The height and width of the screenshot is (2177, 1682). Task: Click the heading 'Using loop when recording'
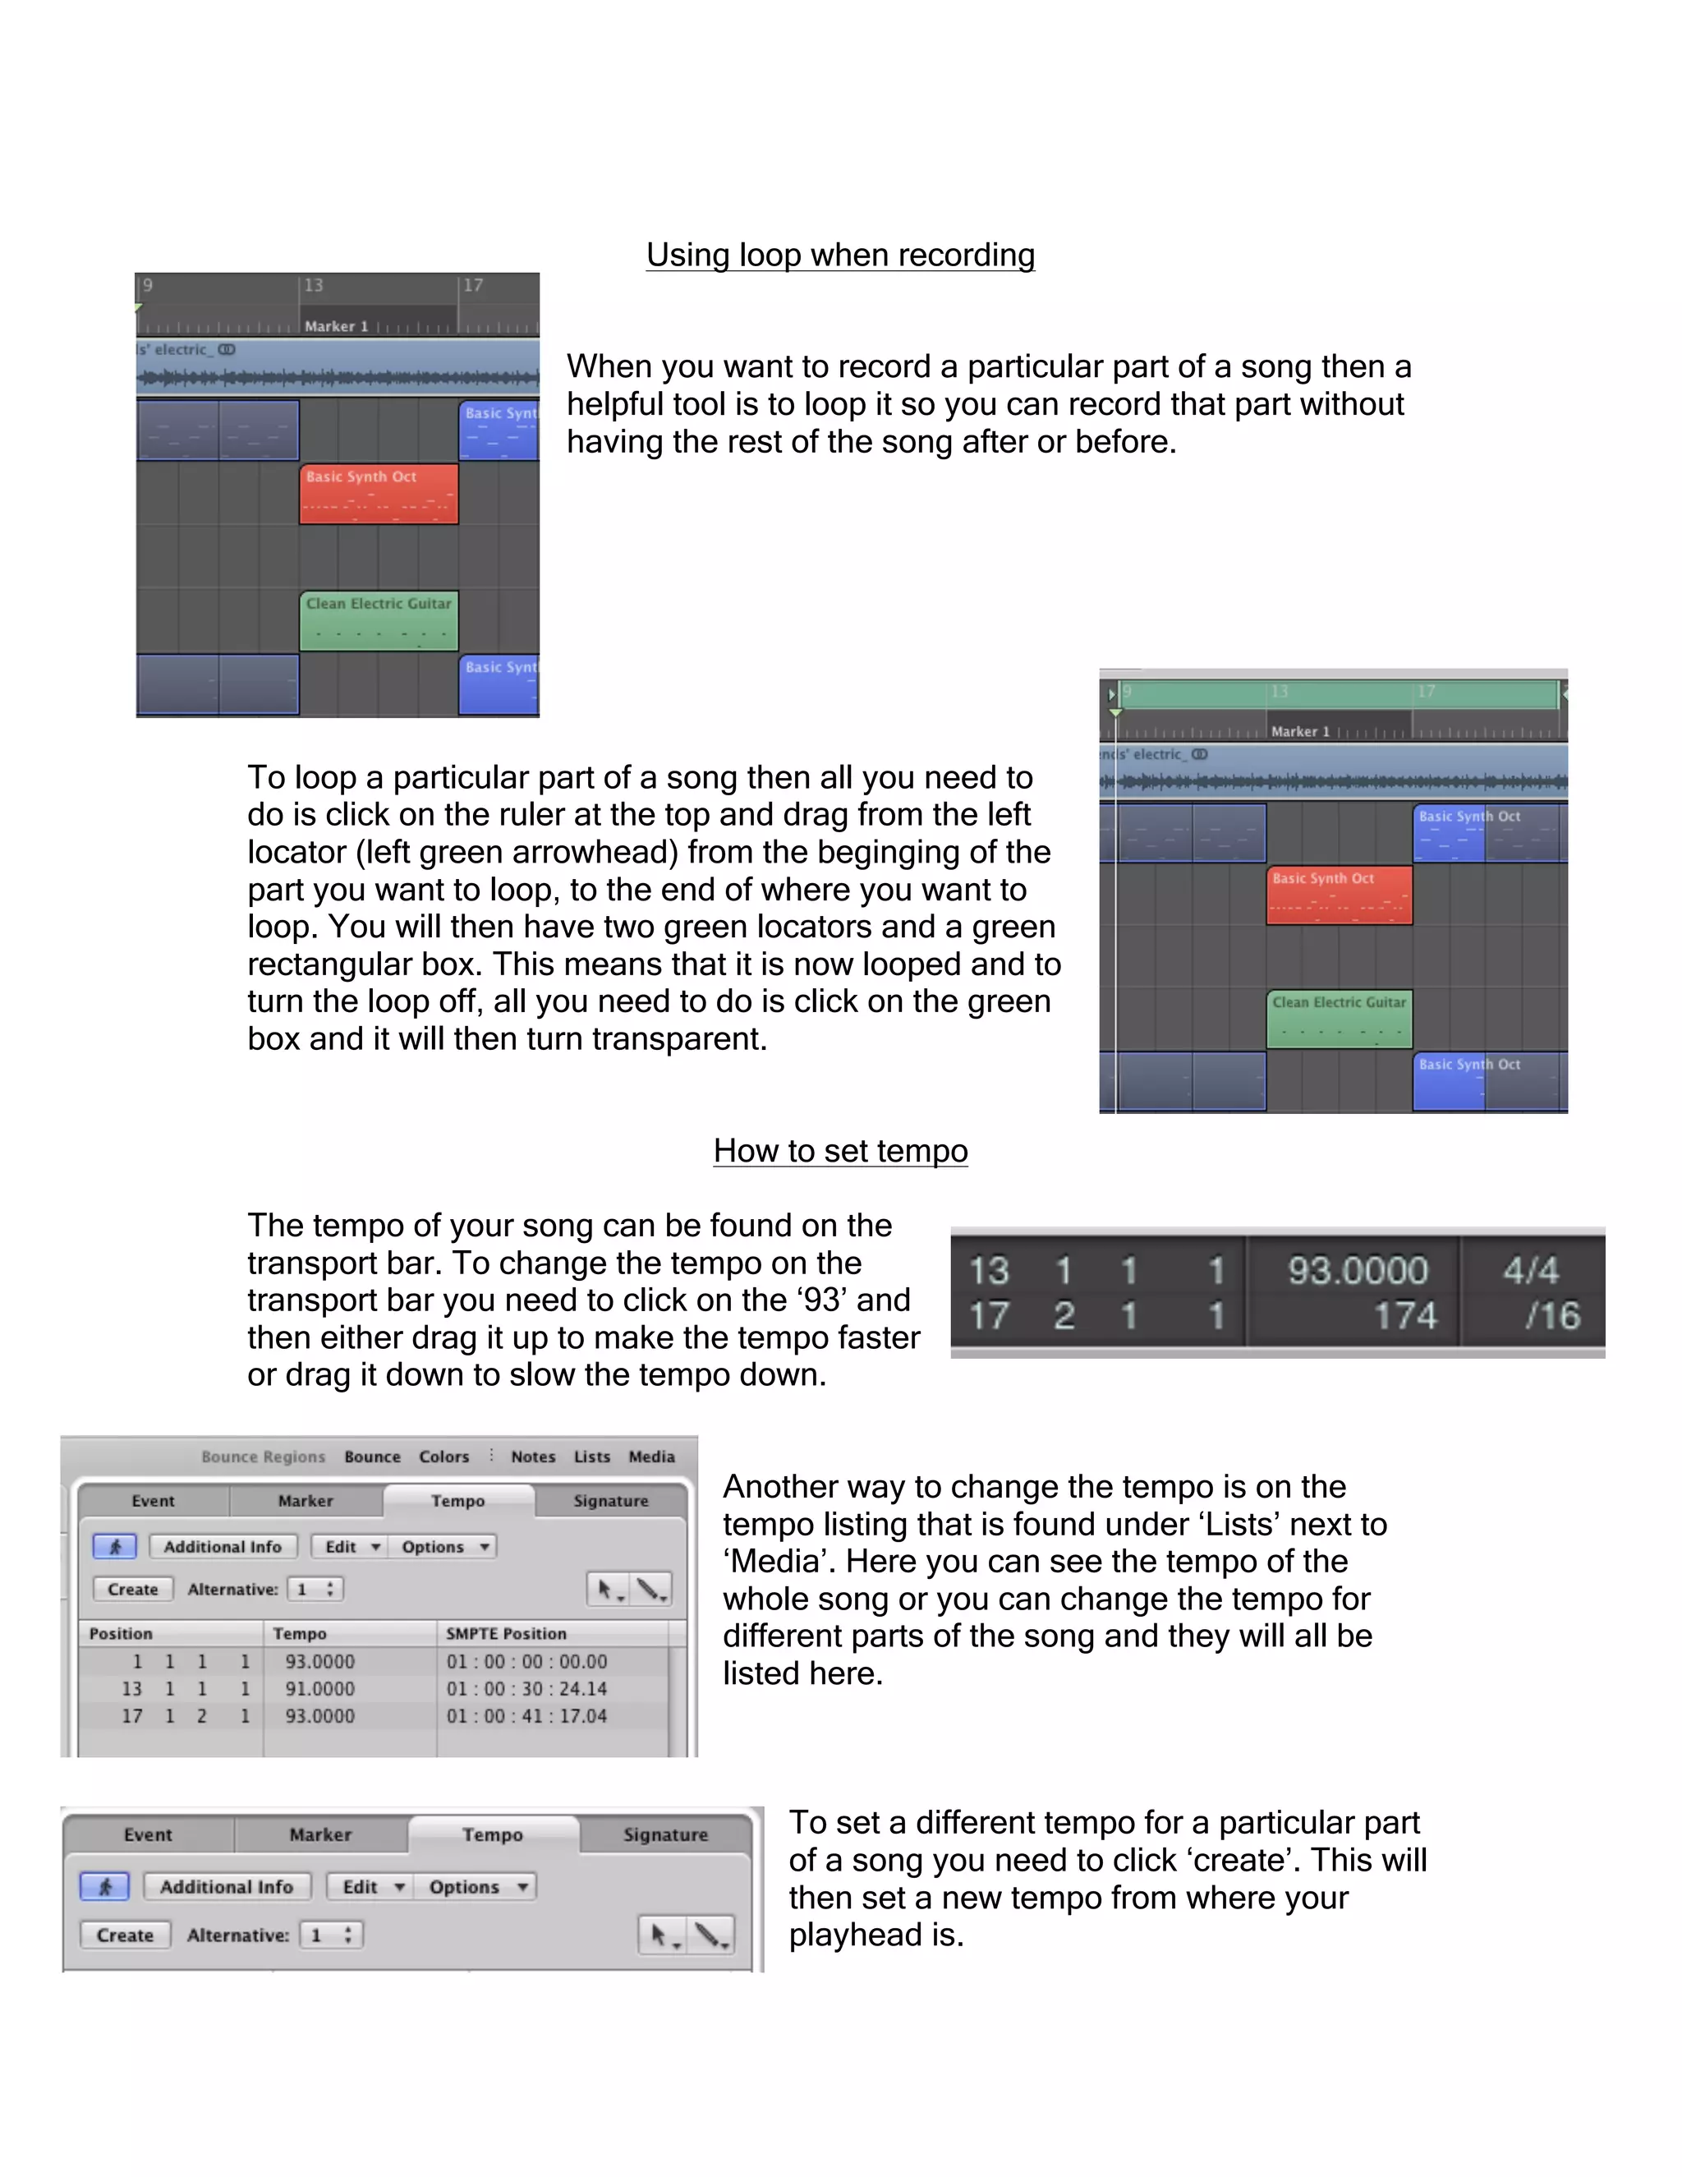click(840, 255)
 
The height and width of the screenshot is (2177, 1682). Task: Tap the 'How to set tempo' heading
click(840, 1150)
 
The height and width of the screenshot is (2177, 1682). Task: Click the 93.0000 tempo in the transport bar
click(1357, 1270)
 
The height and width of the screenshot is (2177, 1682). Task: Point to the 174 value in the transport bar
click(1405, 1316)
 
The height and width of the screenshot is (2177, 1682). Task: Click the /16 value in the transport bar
click(1552, 1316)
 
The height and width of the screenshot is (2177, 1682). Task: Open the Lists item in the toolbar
click(592, 1457)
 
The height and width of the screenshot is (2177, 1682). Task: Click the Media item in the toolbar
click(651, 1457)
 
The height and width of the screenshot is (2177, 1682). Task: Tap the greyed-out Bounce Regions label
click(263, 1457)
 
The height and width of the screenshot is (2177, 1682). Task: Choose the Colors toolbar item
click(443, 1457)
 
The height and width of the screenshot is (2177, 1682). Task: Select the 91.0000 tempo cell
click(319, 1688)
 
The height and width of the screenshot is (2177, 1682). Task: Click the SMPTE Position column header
click(506, 1634)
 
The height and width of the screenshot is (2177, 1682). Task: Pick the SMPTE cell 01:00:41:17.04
click(526, 1715)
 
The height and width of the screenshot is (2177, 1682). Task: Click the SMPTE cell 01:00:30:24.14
click(526, 1688)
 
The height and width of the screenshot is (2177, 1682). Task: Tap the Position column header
click(121, 1634)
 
